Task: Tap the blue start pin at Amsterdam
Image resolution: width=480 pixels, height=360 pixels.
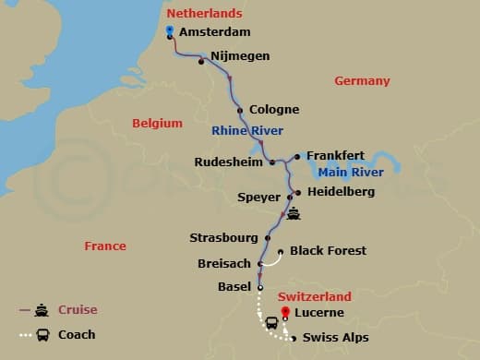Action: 170,30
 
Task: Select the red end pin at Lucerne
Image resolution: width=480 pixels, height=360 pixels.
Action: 285,311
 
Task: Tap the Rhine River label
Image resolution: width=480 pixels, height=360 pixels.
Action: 247,130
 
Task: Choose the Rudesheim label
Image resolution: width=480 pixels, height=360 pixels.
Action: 230,162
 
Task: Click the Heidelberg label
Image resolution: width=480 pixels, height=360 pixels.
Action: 340,191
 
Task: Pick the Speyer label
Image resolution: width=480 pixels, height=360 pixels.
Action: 259,198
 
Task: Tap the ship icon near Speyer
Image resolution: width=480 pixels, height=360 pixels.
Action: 294,214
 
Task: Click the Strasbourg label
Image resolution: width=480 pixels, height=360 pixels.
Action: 222,237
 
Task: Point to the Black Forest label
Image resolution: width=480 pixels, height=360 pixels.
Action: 328,250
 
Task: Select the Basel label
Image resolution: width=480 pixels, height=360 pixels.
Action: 234,286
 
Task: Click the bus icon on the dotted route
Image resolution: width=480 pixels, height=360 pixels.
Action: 272,323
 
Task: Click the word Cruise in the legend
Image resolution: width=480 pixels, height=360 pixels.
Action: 78,310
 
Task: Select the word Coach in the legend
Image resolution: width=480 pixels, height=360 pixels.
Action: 78,334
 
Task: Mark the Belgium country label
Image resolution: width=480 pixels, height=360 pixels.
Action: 157,123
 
